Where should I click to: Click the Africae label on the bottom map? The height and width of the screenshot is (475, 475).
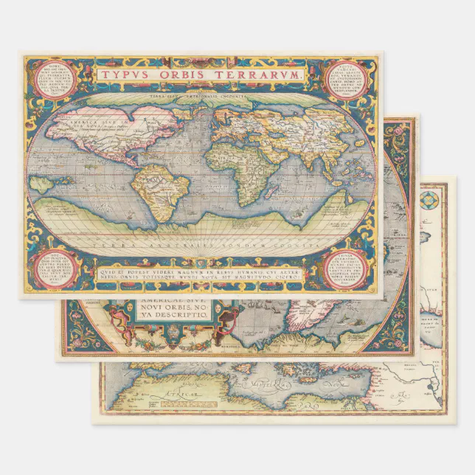click(x=181, y=399)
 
